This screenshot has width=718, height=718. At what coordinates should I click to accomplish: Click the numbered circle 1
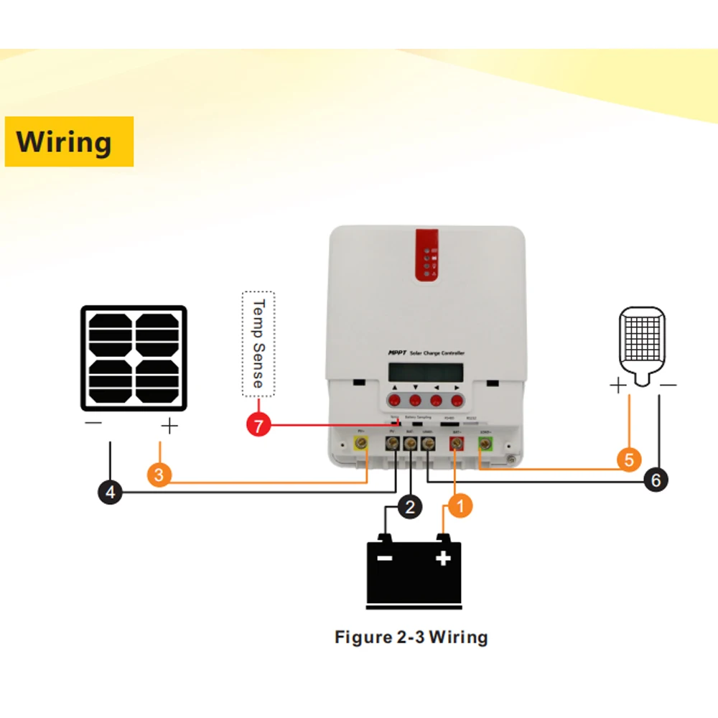[460, 506]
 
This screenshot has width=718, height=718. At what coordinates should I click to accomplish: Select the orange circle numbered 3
[159, 475]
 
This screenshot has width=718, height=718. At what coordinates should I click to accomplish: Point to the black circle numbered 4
[111, 493]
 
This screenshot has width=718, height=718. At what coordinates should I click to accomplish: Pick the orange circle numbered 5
[629, 460]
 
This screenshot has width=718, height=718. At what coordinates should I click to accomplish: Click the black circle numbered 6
[656, 480]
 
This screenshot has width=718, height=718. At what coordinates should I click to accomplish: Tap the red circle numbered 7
[258, 425]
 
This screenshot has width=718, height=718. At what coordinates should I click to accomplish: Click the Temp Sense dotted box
[258, 344]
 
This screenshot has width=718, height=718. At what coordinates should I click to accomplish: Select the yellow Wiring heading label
[69, 141]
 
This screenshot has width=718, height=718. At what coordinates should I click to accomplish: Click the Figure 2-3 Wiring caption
[411, 637]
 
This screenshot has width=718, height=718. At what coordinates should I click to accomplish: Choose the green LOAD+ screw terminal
[485, 446]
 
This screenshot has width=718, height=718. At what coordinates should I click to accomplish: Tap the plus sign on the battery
[443, 557]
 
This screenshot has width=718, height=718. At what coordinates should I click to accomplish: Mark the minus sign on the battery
[386, 558]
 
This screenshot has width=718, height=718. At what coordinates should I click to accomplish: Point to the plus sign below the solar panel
[169, 427]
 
